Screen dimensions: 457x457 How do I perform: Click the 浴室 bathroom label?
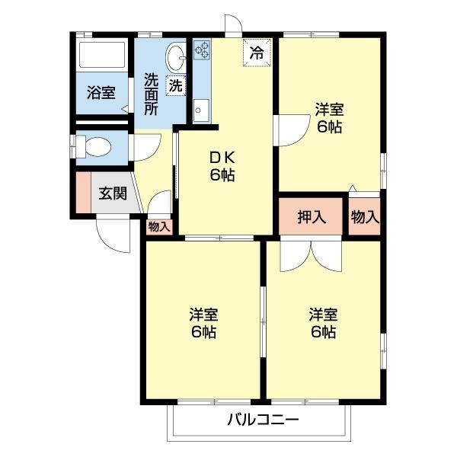click(x=101, y=94)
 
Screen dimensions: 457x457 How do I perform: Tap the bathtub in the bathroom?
click(x=103, y=56)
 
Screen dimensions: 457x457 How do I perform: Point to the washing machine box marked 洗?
click(x=176, y=85)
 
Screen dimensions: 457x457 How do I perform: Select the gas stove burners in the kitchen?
click(x=202, y=50)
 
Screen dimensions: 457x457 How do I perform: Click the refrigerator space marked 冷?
click(x=257, y=53)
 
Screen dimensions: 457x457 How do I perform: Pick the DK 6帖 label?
click(x=222, y=166)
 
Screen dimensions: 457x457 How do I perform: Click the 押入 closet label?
click(x=312, y=216)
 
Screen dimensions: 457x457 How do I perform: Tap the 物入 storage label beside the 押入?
click(x=364, y=216)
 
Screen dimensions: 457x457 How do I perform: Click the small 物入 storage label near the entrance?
click(x=159, y=226)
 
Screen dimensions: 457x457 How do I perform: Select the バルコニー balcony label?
click(x=262, y=420)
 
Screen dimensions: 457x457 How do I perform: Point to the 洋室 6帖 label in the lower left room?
click(x=203, y=323)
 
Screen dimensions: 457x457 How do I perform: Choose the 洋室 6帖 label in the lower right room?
click(x=323, y=323)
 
